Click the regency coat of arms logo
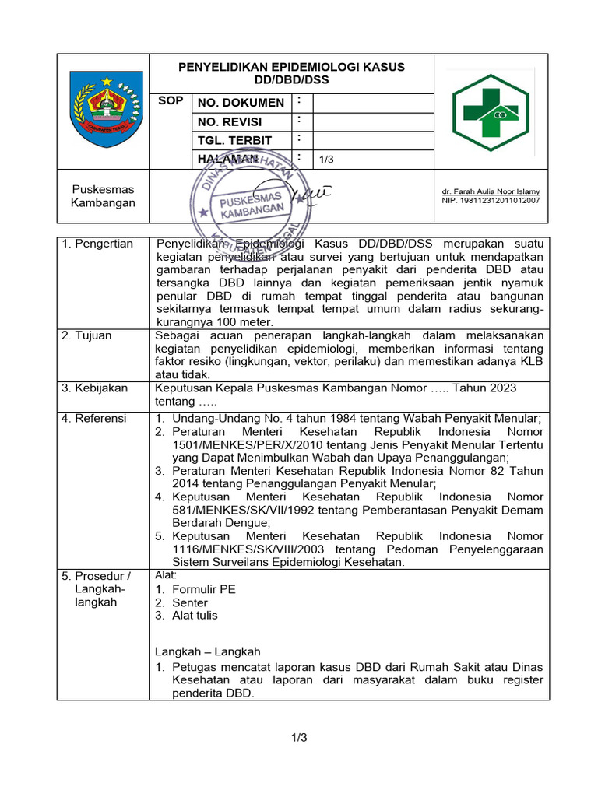(x=103, y=108)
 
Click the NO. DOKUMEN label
(x=241, y=103)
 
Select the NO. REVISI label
(x=230, y=122)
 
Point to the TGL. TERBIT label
(x=234, y=141)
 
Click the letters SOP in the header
(x=171, y=101)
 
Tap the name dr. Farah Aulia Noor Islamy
(x=491, y=191)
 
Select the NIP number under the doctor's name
(x=491, y=200)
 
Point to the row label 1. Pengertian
(x=98, y=244)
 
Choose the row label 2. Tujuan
(x=87, y=335)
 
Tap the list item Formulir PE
(x=203, y=589)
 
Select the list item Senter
(x=190, y=602)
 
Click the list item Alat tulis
(x=195, y=616)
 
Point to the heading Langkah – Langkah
(x=208, y=651)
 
